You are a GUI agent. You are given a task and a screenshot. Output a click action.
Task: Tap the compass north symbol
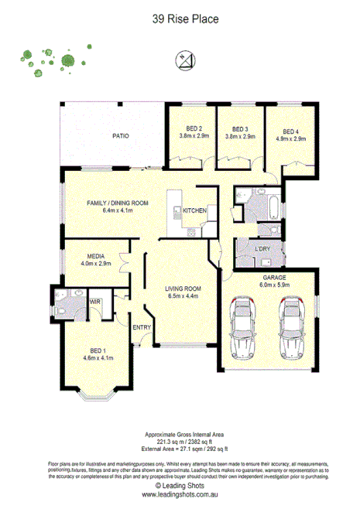pos(184,59)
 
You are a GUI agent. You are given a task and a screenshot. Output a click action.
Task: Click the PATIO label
pos(120,136)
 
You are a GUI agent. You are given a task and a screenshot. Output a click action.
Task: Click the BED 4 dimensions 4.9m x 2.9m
pos(290,138)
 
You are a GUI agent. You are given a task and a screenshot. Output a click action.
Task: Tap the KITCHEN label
pos(194,210)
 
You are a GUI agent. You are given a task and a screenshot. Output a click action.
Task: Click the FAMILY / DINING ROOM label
pos(118,203)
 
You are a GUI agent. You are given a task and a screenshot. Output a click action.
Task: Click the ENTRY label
pos(142,327)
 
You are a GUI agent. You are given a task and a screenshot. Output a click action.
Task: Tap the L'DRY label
pos(262,248)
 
